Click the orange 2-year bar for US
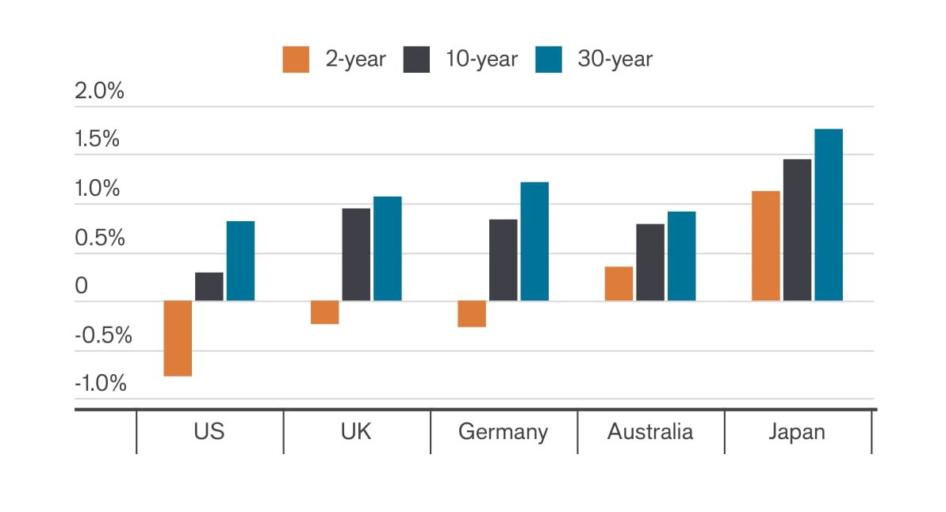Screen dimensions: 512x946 coord(178,338)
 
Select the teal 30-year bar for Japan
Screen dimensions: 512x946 coord(829,215)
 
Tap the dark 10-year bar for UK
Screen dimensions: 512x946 coord(356,254)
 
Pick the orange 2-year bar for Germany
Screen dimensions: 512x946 coord(472,314)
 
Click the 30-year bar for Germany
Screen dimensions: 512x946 coord(534,242)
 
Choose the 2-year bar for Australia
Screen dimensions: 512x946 coord(619,284)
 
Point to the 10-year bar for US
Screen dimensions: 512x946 coord(209,287)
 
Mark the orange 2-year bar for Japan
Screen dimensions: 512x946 coord(765,246)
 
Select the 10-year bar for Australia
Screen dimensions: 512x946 coord(650,262)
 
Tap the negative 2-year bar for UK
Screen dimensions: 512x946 coord(324,312)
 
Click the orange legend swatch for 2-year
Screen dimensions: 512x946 coord(296,59)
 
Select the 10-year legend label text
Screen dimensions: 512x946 coord(481,59)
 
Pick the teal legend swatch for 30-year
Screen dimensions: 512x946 coord(548,59)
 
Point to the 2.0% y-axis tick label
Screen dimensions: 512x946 coord(99,91)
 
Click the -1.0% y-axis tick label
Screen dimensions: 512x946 coord(99,384)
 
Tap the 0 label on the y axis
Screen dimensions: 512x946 coord(82,286)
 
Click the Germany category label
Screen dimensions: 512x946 coord(503,432)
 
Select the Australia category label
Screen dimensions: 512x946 coord(650,432)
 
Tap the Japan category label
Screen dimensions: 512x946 coord(797,432)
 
